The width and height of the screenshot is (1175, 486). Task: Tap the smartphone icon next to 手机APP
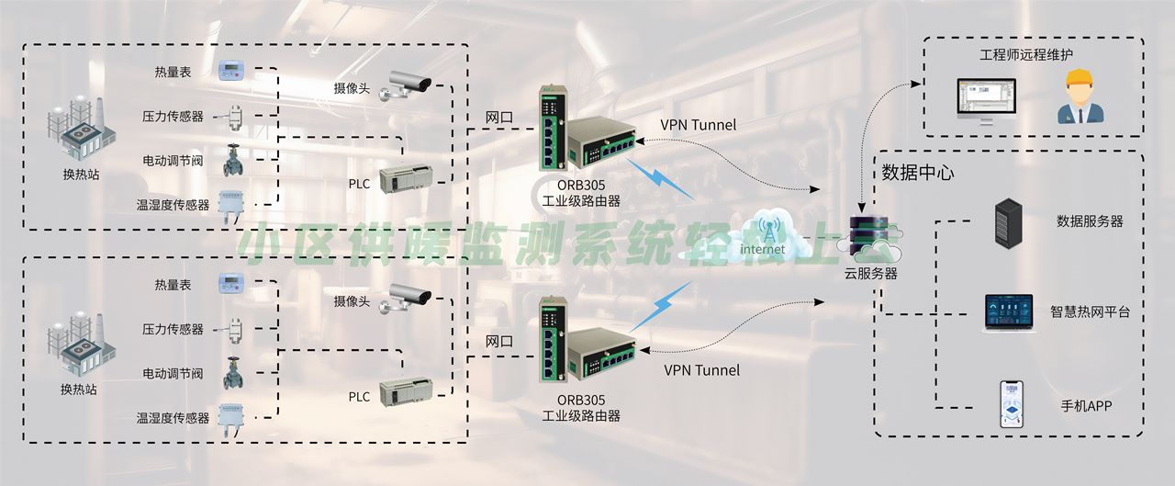click(1011, 405)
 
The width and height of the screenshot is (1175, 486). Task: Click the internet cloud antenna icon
click(764, 232)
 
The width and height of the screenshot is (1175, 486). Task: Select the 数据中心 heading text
click(918, 173)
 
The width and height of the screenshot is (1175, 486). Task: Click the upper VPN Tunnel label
click(698, 125)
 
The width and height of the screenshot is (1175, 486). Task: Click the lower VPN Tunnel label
click(701, 370)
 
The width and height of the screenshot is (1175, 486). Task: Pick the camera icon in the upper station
click(408, 84)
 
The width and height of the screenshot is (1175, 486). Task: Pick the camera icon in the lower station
click(408, 296)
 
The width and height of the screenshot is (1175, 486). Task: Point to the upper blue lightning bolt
click(661, 179)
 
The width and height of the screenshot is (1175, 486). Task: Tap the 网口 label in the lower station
click(499, 341)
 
